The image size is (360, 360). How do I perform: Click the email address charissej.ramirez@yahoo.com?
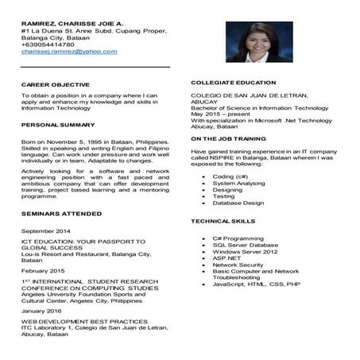[69, 52]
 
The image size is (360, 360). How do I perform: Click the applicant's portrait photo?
[259, 42]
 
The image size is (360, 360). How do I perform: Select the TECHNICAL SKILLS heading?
[223, 220]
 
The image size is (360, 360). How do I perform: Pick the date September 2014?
[46, 230]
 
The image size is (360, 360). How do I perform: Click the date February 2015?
[44, 271]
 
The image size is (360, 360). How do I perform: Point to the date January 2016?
[43, 311]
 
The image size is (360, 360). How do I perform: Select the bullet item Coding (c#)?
[230, 176]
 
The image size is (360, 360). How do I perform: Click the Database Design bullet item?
[238, 203]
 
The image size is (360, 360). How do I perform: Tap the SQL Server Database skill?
[246, 245]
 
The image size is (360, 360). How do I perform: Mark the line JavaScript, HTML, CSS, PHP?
[256, 284]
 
